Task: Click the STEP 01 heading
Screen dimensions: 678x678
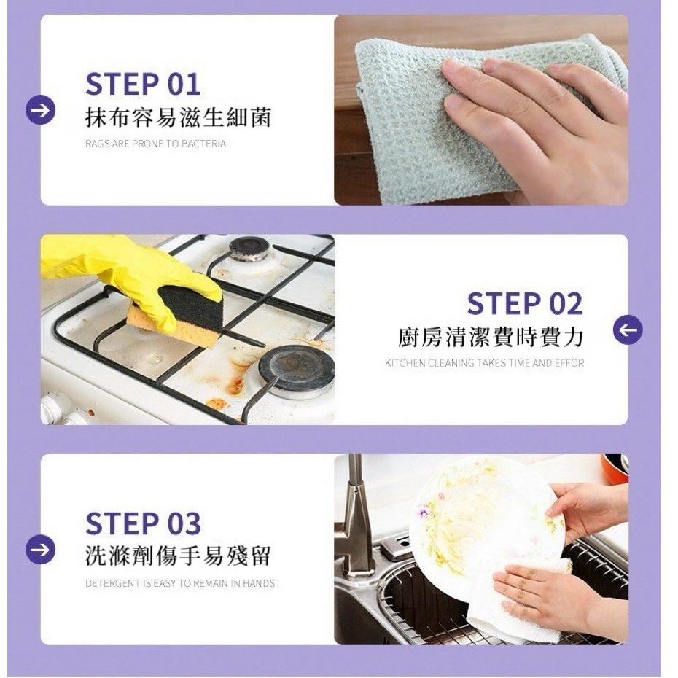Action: coord(143,84)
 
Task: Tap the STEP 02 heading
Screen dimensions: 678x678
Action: coord(525,303)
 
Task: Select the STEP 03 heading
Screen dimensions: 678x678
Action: coord(143,523)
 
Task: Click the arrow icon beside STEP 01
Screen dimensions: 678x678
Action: coord(41,110)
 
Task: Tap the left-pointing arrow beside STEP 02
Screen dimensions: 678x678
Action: coord(628,330)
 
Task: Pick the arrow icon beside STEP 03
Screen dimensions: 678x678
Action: coord(41,550)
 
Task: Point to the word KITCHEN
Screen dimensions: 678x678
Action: coord(405,363)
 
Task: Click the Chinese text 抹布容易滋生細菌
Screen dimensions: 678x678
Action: coord(178,117)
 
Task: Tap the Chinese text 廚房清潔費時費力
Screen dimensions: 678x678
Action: coord(491,338)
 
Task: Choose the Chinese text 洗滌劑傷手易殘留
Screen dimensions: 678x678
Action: coord(178,556)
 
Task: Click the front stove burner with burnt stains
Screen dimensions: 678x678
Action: coord(297,371)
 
